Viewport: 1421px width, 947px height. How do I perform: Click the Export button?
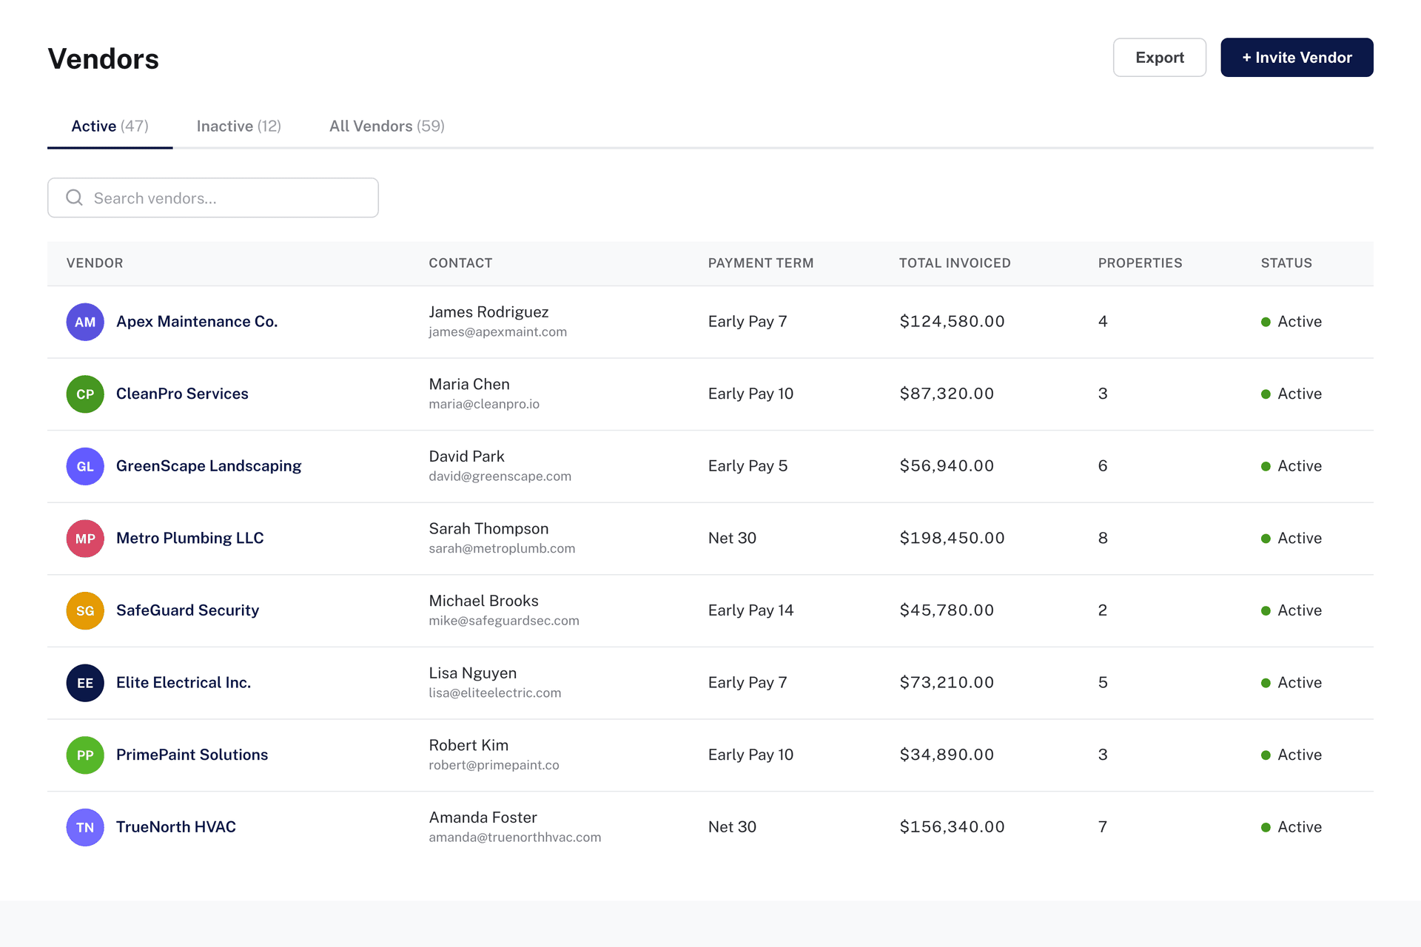[1159, 58]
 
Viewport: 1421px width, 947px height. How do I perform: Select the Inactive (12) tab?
[238, 127]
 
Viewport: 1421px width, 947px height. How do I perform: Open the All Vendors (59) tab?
[386, 127]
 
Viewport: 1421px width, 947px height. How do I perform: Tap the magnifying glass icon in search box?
[74, 198]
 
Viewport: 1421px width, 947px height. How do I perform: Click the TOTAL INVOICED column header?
[954, 263]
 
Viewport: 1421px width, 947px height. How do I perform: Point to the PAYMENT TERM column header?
[760, 263]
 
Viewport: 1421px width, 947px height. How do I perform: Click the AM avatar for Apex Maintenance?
[85, 322]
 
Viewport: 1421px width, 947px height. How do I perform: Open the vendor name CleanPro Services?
[182, 394]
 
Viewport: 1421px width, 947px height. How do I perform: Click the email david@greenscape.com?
[500, 476]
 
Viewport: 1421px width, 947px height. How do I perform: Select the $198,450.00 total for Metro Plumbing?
[952, 539]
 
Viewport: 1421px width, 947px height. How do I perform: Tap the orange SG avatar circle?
[85, 611]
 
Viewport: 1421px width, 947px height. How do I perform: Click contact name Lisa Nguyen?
[472, 673]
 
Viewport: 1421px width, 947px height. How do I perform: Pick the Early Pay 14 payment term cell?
[750, 610]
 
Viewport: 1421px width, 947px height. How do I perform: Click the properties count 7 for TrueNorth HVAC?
[1102, 827]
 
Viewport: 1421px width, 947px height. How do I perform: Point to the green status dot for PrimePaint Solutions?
[1266, 755]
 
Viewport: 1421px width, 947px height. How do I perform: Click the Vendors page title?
[104, 59]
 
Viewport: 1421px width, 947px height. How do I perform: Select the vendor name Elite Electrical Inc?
[184, 683]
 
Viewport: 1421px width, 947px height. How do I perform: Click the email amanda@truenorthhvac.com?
[514, 838]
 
